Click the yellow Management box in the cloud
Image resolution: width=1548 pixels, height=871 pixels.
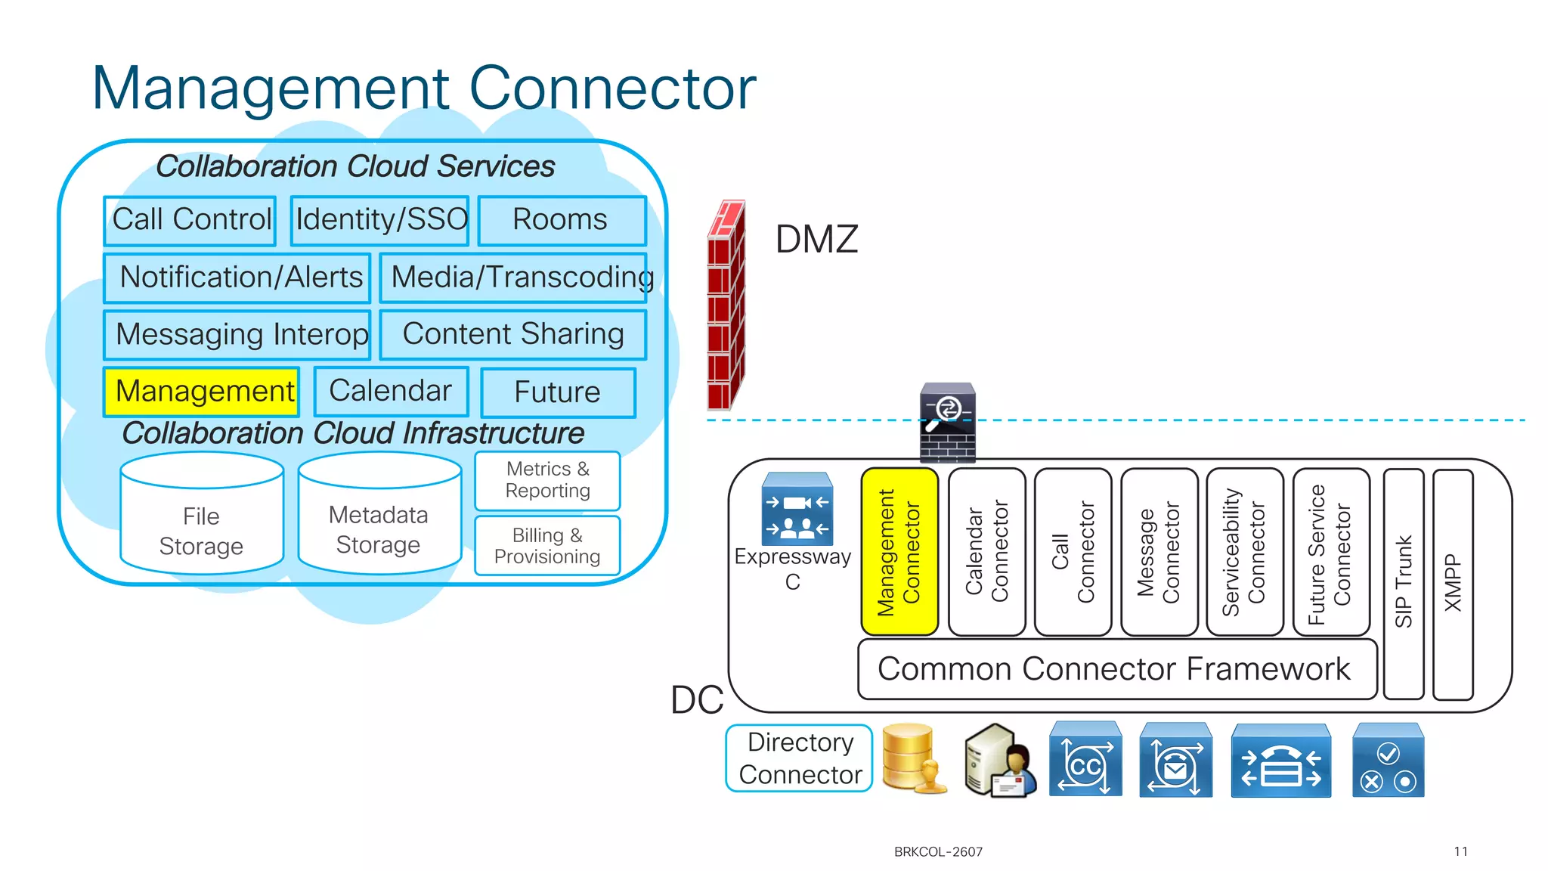coord(201,392)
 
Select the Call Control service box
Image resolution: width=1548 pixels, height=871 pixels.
coord(190,220)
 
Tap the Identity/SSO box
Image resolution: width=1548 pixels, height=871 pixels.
coord(380,220)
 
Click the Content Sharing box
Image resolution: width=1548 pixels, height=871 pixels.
coord(513,334)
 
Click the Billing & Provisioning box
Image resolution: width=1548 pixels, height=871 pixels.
coord(547,546)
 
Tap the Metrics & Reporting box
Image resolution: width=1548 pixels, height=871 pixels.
coord(547,480)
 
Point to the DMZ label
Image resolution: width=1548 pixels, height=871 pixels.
coord(816,240)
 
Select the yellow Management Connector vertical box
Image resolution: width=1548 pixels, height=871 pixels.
coord(899,552)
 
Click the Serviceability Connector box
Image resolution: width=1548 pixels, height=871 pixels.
coord(1245,552)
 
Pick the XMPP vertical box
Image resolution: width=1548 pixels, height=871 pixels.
coord(1453,584)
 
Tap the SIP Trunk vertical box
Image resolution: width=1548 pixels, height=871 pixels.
coord(1404,584)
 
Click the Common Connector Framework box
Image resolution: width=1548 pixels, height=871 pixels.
coord(1116,669)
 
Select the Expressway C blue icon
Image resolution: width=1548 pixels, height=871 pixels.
coord(797,509)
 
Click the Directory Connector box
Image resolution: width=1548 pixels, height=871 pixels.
coord(800,758)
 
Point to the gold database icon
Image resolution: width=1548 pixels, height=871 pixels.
coord(913,758)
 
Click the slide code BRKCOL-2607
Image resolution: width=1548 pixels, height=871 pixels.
coord(938,852)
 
